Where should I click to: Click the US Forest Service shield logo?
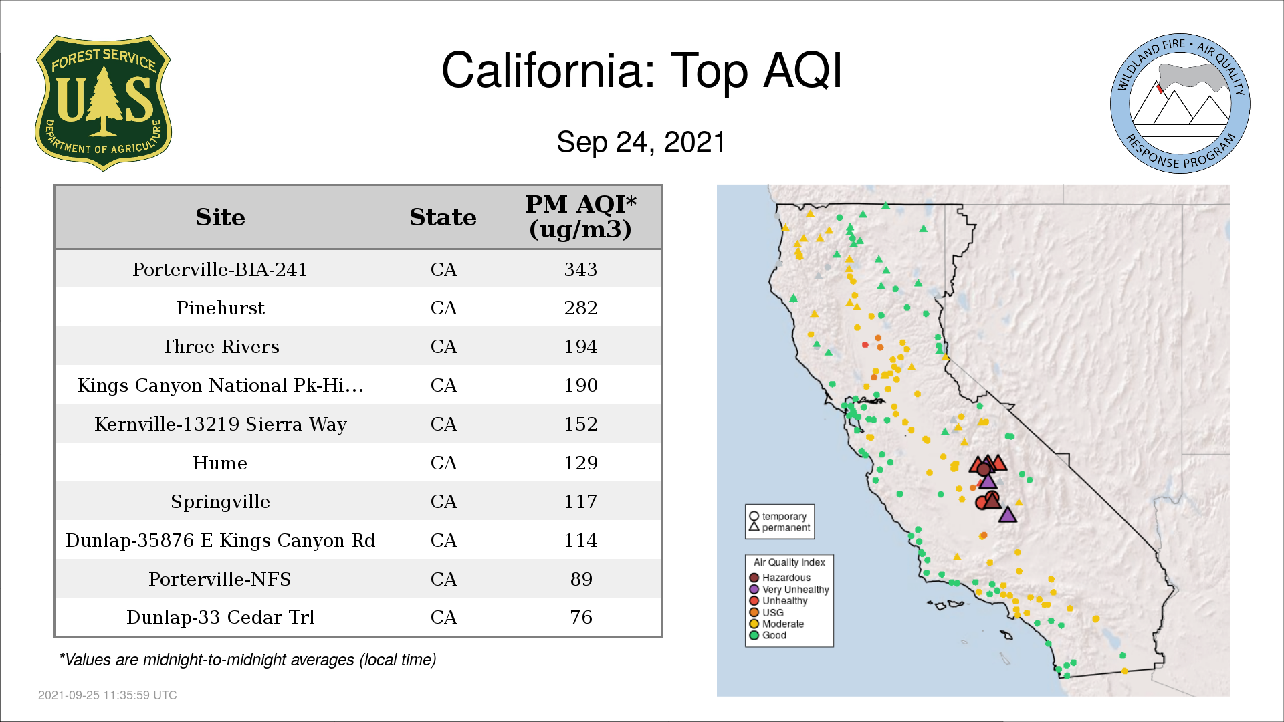click(x=103, y=104)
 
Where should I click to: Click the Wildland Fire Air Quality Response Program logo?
click(x=1180, y=104)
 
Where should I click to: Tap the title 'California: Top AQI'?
click(x=642, y=71)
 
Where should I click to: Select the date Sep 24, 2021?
click(x=641, y=142)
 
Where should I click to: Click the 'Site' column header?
click(x=220, y=217)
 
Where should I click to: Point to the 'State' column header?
click(x=443, y=217)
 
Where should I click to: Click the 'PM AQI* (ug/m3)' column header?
click(x=580, y=217)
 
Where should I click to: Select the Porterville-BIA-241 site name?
click(x=220, y=269)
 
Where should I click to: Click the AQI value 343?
click(x=580, y=269)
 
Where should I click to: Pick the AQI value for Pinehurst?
click(x=580, y=308)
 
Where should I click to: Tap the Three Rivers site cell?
click(x=221, y=347)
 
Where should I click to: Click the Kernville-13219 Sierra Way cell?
click(x=221, y=425)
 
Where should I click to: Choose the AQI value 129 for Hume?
click(x=580, y=463)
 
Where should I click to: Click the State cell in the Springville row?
click(x=443, y=501)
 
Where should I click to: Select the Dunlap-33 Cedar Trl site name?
click(x=221, y=617)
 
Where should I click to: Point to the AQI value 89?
click(x=581, y=579)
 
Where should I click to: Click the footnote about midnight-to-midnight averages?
click(x=247, y=660)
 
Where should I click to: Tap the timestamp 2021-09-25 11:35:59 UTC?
click(x=108, y=695)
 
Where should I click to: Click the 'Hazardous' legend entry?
click(x=780, y=578)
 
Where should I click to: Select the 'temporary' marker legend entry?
click(x=778, y=516)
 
